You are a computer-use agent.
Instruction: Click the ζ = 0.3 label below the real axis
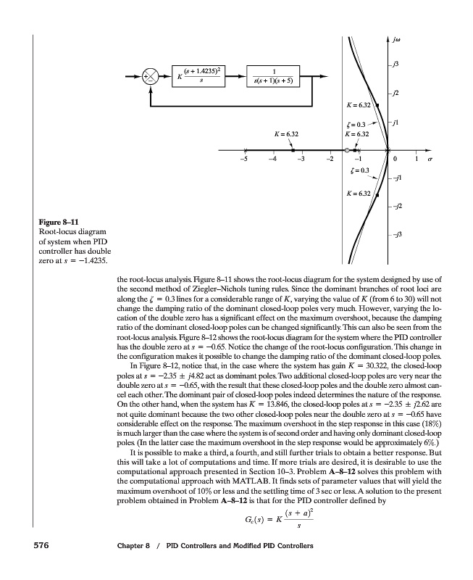pos(359,171)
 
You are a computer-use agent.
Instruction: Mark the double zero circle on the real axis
pos(348,150)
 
